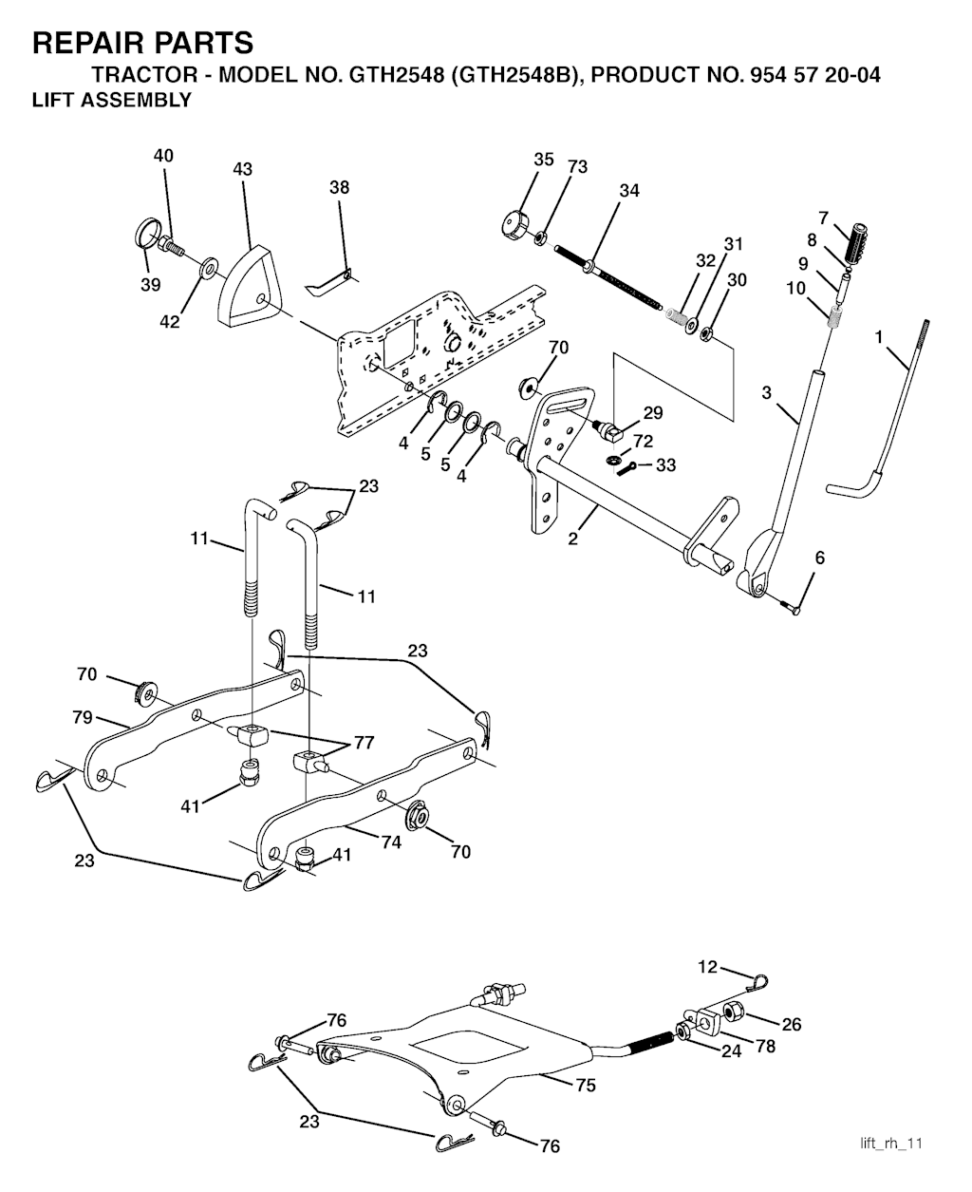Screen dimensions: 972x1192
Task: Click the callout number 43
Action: coord(242,169)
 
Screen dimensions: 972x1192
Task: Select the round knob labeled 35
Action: coord(514,222)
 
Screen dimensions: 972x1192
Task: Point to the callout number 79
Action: coord(83,717)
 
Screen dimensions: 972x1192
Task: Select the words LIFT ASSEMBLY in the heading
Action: coord(112,100)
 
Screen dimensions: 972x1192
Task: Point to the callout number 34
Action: coord(629,191)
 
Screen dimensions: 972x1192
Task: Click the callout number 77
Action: coord(364,742)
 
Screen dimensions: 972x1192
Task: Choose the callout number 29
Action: coord(653,412)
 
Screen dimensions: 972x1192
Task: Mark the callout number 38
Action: coord(340,187)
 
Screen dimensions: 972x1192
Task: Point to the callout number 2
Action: coord(572,539)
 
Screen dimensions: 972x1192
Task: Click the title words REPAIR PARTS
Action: coord(143,43)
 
